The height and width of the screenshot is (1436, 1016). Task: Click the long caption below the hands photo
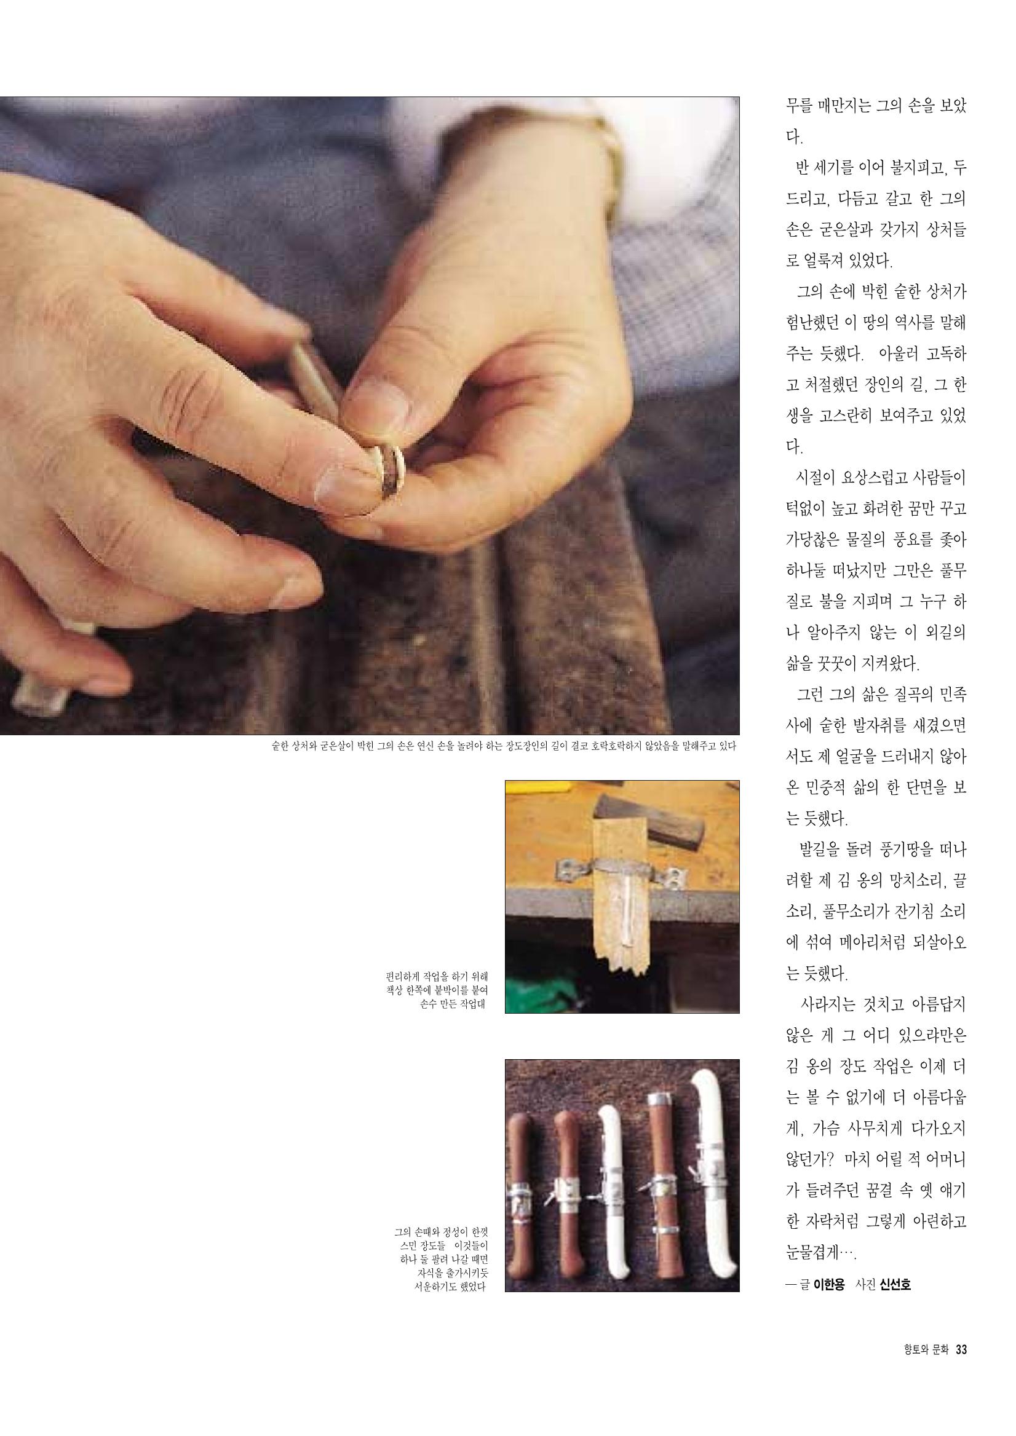[504, 746]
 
